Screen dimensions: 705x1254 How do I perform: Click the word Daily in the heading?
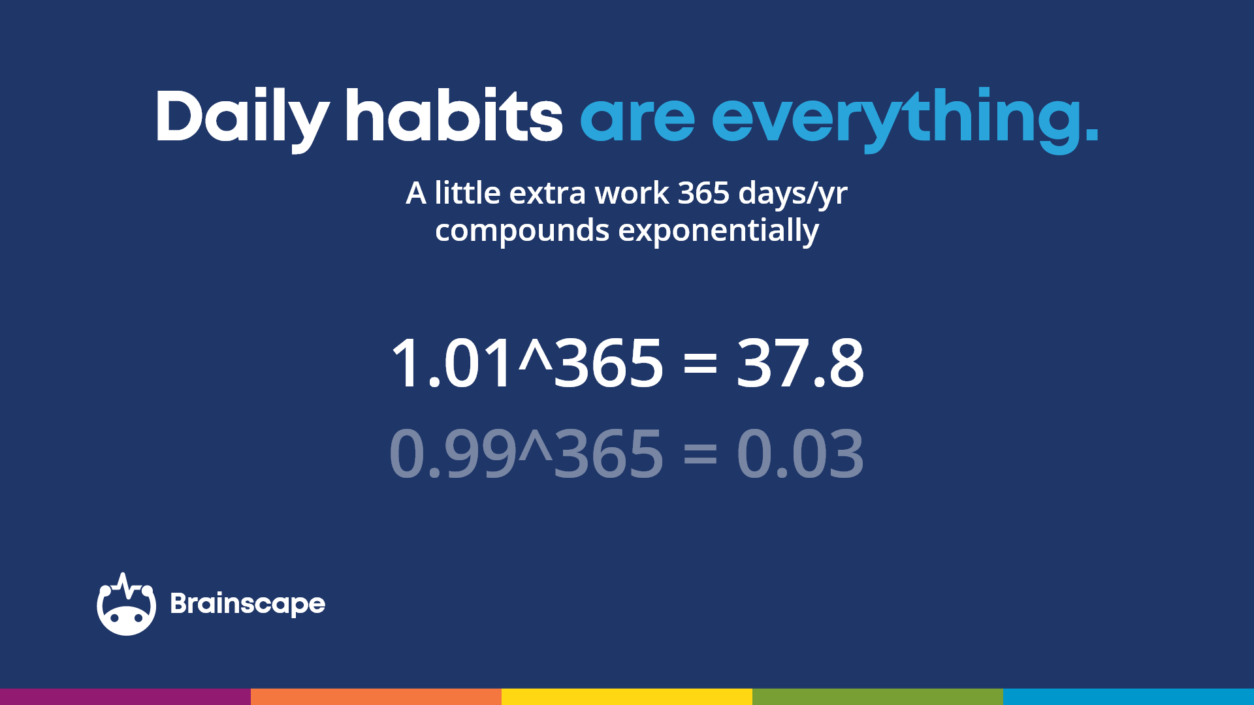click(242, 117)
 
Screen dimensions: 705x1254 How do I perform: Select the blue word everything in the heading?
click(905, 117)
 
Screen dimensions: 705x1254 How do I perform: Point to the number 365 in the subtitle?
click(703, 193)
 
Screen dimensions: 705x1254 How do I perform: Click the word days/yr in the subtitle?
click(793, 195)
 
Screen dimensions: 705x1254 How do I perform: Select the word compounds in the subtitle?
click(522, 231)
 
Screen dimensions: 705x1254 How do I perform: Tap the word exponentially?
click(718, 231)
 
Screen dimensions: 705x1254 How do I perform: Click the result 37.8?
click(800, 363)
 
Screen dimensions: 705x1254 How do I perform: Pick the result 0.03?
click(800, 453)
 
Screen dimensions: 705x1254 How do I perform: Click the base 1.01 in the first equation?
click(451, 363)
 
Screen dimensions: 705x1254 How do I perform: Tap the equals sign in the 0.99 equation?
click(700, 454)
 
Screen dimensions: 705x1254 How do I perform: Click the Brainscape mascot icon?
click(126, 605)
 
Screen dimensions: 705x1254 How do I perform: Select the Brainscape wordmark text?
click(248, 604)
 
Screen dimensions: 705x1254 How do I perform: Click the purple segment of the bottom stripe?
click(125, 697)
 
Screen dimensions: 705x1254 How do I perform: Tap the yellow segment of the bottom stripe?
click(627, 697)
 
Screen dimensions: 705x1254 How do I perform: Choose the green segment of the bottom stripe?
click(878, 697)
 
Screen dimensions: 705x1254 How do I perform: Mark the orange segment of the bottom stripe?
click(376, 697)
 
